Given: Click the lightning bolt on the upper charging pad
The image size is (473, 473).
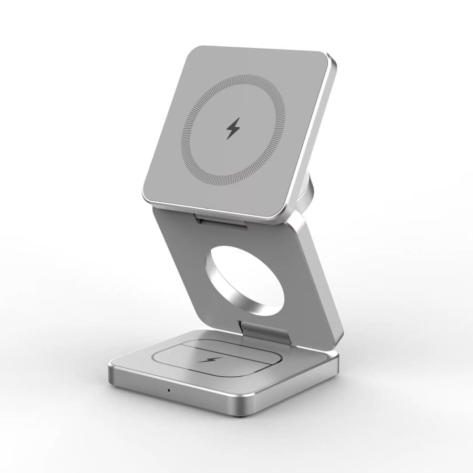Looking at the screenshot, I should pos(233,128).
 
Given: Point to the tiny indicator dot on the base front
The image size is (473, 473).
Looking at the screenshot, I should pos(168,389).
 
